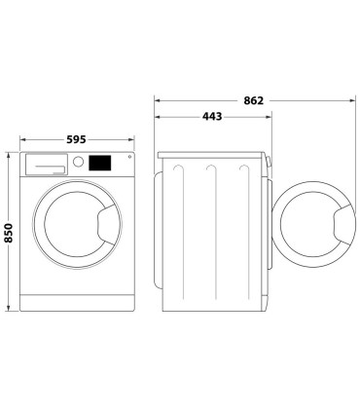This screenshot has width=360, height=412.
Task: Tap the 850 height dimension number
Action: [10, 232]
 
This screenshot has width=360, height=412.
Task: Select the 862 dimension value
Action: [253, 99]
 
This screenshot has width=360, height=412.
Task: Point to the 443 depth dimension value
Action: [210, 117]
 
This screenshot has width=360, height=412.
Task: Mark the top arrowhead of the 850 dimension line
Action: [10, 154]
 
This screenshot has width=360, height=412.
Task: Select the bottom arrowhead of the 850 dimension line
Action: [10, 311]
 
